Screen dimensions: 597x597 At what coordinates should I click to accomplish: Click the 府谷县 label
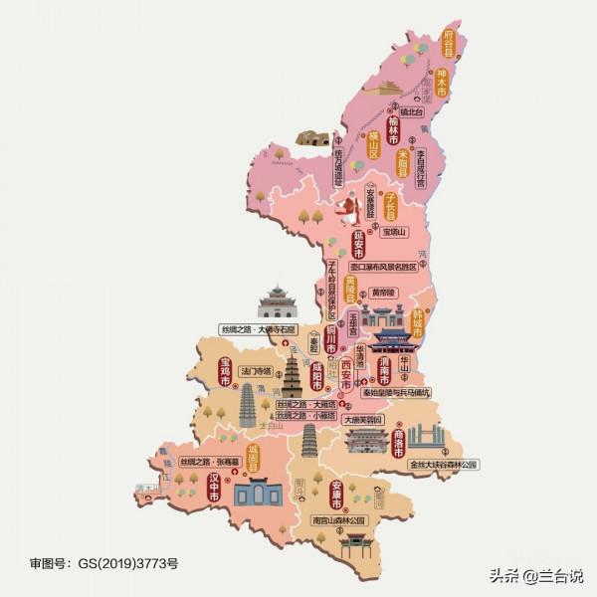449,45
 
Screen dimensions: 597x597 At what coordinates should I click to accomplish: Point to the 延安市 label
359,244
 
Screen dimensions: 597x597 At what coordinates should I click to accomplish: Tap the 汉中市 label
212,488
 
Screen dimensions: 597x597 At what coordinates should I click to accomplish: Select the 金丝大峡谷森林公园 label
444,464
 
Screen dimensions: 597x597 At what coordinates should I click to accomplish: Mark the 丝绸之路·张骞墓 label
210,462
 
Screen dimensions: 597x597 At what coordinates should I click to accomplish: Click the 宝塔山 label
395,232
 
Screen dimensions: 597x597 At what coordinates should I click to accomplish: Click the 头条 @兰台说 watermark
535,574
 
